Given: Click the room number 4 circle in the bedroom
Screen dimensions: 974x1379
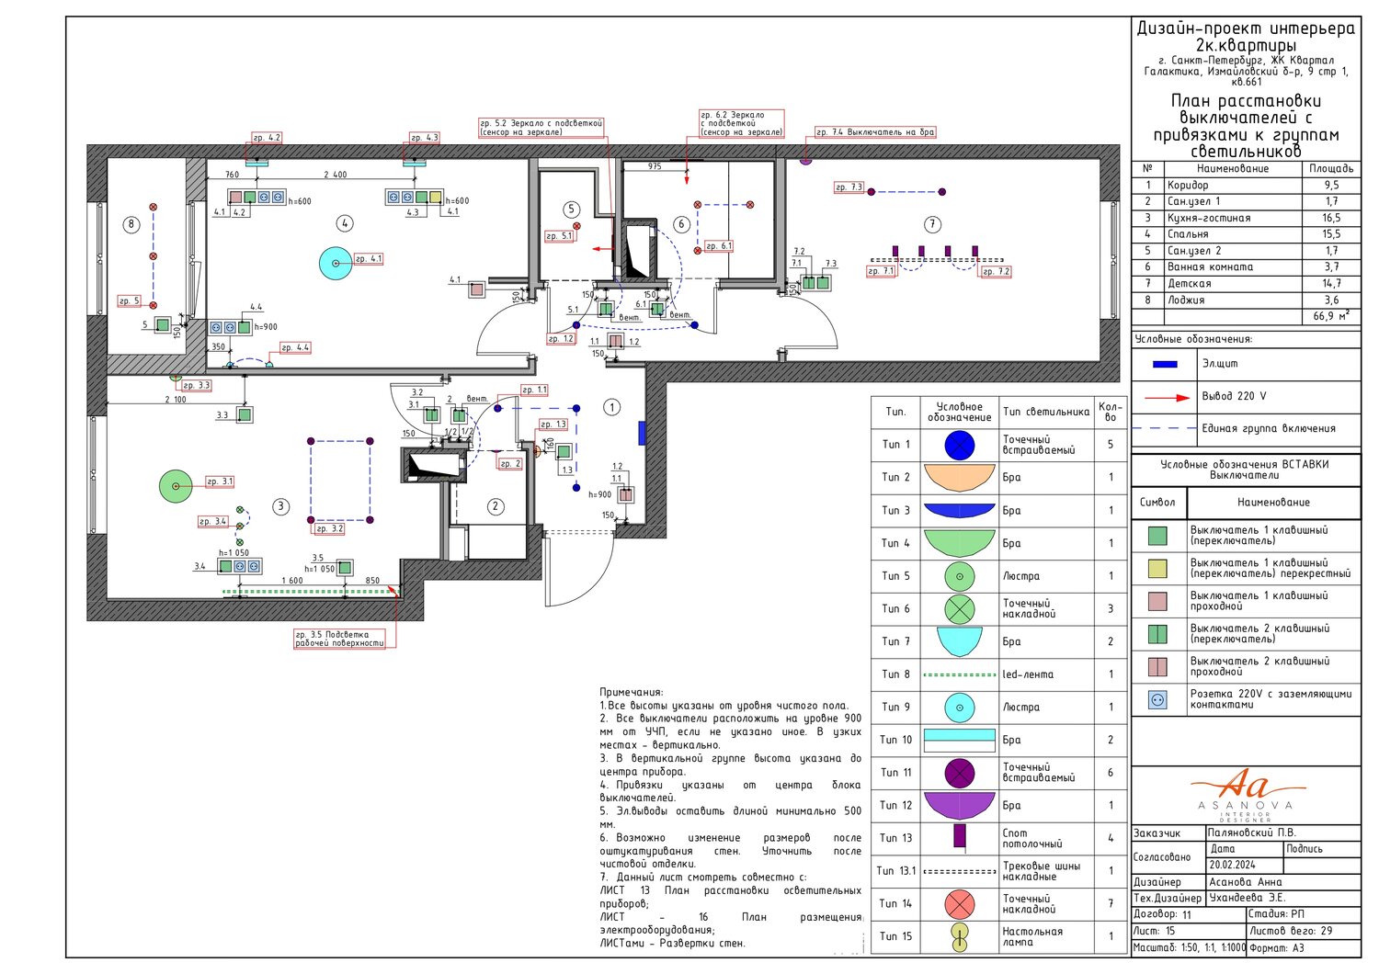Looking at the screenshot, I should [x=345, y=223].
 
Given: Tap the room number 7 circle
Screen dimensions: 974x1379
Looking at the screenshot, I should [x=932, y=224].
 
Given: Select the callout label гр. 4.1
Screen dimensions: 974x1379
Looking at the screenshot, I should [x=369, y=259].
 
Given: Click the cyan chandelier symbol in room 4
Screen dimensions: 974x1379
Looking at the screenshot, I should [x=336, y=264].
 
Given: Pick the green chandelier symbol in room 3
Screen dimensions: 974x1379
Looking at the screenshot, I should [x=176, y=485].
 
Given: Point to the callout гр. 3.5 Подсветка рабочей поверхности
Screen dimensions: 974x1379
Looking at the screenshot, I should [x=339, y=639].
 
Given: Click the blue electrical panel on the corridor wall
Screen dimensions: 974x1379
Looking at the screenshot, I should [x=643, y=432].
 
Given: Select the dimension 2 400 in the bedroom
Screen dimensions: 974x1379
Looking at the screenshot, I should [x=336, y=175].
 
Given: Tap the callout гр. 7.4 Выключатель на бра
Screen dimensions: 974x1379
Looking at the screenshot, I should [x=875, y=132].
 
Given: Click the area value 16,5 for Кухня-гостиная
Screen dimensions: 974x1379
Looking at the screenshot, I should [x=1331, y=218].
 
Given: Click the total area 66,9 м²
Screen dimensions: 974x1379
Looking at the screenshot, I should [x=1331, y=316].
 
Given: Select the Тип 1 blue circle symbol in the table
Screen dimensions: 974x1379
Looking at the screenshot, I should [x=959, y=445].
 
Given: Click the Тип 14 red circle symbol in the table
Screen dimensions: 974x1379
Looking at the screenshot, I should [x=959, y=904].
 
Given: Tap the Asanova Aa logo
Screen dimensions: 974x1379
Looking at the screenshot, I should [x=1245, y=792].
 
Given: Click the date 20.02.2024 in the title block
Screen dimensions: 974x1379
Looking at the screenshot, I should [x=1233, y=865].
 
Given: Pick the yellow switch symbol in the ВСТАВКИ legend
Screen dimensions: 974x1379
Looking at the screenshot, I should [x=1157, y=568].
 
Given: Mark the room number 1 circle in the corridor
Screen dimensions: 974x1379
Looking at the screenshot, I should [x=612, y=407].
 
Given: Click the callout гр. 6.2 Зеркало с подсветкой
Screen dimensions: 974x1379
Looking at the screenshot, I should [x=741, y=123].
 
